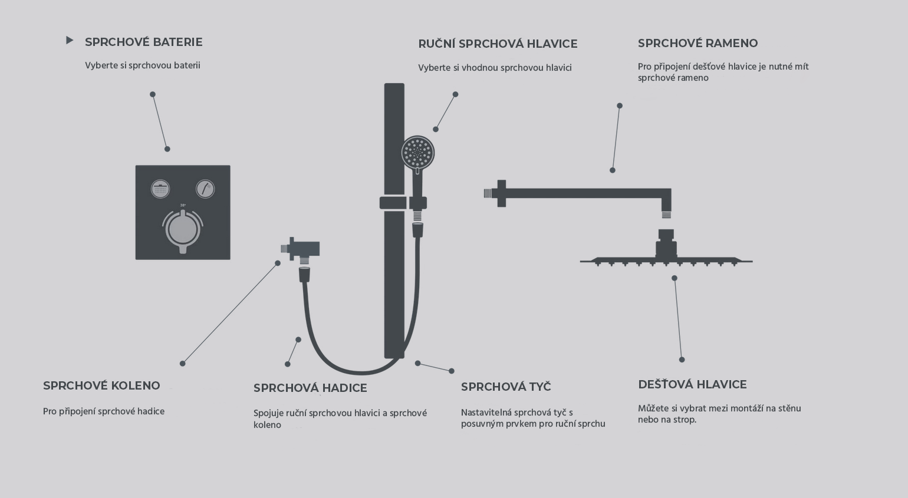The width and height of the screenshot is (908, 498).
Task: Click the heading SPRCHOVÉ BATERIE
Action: (143, 42)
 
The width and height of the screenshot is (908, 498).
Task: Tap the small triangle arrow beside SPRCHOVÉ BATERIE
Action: (70, 40)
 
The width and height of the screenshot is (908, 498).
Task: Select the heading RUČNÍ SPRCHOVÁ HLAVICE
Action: (498, 44)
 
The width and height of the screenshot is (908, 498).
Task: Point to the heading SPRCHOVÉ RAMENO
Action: (698, 43)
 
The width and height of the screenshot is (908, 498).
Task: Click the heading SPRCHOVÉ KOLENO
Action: (101, 385)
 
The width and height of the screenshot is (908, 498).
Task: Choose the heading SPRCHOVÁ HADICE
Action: (310, 388)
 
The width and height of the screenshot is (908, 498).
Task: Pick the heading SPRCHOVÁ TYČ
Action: (506, 387)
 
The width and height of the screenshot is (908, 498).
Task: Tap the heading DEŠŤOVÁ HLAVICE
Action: (692, 384)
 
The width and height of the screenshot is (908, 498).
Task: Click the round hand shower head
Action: (418, 153)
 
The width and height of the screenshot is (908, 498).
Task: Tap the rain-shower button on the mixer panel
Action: (160, 189)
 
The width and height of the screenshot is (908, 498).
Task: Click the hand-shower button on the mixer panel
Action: (206, 189)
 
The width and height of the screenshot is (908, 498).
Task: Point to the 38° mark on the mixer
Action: (183, 206)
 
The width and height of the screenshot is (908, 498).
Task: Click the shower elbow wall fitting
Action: (300, 249)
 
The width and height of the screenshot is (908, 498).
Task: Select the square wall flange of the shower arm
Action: (501, 193)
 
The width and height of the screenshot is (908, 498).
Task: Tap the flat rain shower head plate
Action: (666, 260)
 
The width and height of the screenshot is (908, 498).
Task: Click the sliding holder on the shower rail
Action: (403, 203)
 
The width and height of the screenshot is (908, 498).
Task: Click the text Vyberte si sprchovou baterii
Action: (143, 65)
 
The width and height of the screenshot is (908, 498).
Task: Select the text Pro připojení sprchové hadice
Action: (104, 412)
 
